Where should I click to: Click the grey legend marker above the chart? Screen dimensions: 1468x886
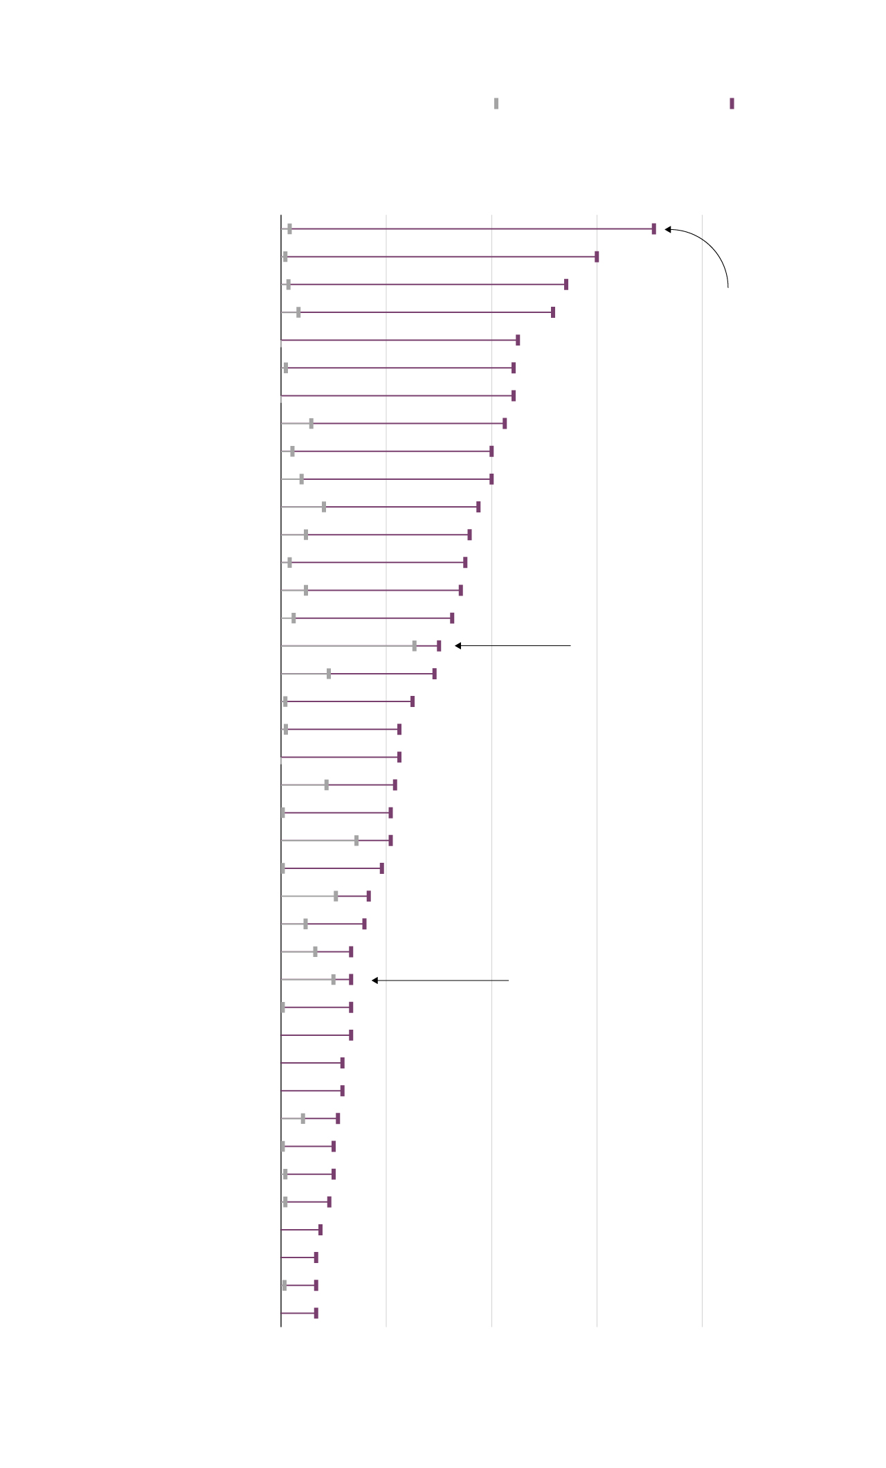pyautogui.click(x=496, y=104)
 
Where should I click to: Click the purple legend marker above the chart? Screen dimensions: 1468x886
pyautogui.click(x=732, y=104)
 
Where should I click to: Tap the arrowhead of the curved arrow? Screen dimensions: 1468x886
pyautogui.click(x=668, y=229)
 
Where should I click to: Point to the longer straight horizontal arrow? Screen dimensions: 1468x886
pyautogui.click(x=513, y=646)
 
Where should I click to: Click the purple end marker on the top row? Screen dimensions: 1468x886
pyautogui.click(x=654, y=229)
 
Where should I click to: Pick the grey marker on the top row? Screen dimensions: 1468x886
pyautogui.click(x=290, y=229)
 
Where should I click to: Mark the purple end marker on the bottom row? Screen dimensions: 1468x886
pyautogui.click(x=316, y=1313)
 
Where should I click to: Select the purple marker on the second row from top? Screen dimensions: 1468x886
pyautogui.click(x=597, y=257)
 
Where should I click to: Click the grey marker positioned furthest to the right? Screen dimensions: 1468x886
pyautogui.click(x=415, y=646)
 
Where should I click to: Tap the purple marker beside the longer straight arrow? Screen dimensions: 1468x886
pyautogui.click(x=439, y=646)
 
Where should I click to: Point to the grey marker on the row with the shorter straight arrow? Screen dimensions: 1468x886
pyautogui.click(x=334, y=980)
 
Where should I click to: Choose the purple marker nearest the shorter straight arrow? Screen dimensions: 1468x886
pyautogui.click(x=351, y=980)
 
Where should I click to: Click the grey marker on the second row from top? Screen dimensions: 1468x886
pyautogui.click(x=285, y=257)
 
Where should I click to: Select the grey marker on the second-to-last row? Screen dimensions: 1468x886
pyautogui.click(x=284, y=1285)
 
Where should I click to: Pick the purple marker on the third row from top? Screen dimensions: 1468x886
pyautogui.click(x=566, y=285)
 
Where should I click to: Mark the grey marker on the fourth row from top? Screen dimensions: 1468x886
pyautogui.click(x=298, y=312)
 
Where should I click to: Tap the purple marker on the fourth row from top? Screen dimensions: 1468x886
pyautogui.click(x=553, y=312)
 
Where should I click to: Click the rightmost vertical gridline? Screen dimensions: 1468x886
pyautogui.click(x=702, y=762)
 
